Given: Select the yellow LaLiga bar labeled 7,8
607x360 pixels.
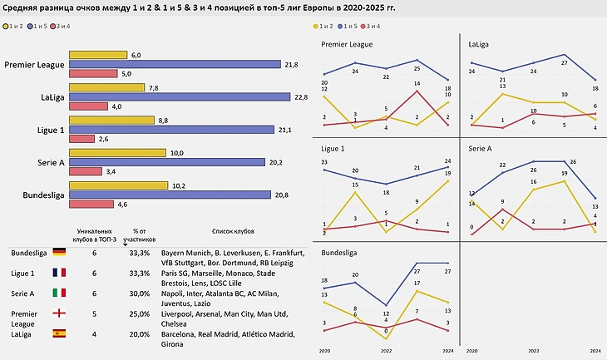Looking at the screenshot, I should tap(106, 88).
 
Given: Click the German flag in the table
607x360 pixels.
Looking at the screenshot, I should tap(59, 251).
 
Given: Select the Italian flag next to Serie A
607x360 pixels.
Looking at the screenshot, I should tap(59, 293).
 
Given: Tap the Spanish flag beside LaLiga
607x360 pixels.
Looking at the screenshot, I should tap(59, 333).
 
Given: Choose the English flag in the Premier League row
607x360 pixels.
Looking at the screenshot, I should tap(59, 313).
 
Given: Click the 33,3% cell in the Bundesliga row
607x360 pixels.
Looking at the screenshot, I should tap(141, 252).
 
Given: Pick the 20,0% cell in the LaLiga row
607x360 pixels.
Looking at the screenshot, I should tap(141, 333).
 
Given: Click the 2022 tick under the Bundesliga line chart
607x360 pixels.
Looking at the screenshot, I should tap(386, 352).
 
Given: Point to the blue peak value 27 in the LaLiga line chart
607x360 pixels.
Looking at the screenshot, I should tap(564, 62).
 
